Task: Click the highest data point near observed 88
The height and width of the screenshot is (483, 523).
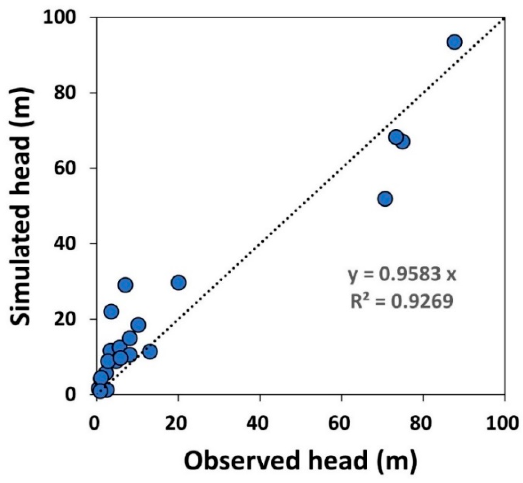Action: tap(454, 42)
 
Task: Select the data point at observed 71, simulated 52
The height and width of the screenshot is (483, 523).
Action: tap(385, 199)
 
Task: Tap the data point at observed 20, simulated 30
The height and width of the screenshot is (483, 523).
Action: tap(178, 282)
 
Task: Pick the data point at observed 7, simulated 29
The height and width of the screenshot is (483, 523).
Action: tap(126, 285)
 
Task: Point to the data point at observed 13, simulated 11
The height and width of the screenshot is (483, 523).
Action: tap(150, 351)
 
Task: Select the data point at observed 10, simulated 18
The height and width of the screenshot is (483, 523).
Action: tap(138, 325)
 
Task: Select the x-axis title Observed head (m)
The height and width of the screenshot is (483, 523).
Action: tap(300, 461)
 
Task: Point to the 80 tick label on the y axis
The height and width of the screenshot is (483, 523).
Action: tap(67, 93)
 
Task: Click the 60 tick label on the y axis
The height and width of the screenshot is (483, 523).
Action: tap(67, 168)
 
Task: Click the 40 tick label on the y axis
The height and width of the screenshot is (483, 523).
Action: tap(67, 243)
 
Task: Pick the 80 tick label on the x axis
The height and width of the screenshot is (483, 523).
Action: tap(423, 423)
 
